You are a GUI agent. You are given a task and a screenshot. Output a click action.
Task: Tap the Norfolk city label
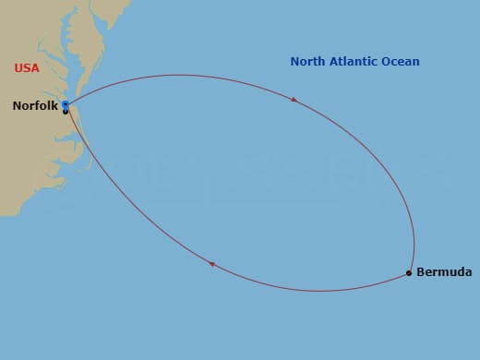(35, 106)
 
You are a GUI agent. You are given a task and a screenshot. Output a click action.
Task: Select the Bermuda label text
(444, 272)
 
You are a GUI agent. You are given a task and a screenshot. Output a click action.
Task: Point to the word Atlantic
(355, 62)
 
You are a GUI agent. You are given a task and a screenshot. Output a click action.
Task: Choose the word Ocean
(402, 62)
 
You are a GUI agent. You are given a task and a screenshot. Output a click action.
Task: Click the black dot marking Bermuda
(409, 273)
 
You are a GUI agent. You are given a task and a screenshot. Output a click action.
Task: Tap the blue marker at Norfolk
(66, 105)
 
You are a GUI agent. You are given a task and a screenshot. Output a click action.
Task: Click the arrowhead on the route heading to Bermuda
(294, 99)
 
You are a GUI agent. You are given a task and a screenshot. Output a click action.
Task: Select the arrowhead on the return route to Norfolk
(211, 264)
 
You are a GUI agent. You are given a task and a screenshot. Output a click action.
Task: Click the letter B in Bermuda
(421, 272)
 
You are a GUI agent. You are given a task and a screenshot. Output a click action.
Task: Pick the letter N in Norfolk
(17, 106)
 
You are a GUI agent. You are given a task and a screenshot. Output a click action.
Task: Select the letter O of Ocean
(390, 62)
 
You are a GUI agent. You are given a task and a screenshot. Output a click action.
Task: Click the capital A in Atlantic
(335, 62)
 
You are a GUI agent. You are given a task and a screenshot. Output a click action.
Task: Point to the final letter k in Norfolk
(55, 106)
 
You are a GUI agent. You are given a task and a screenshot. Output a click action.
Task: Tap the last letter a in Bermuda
(468, 273)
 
